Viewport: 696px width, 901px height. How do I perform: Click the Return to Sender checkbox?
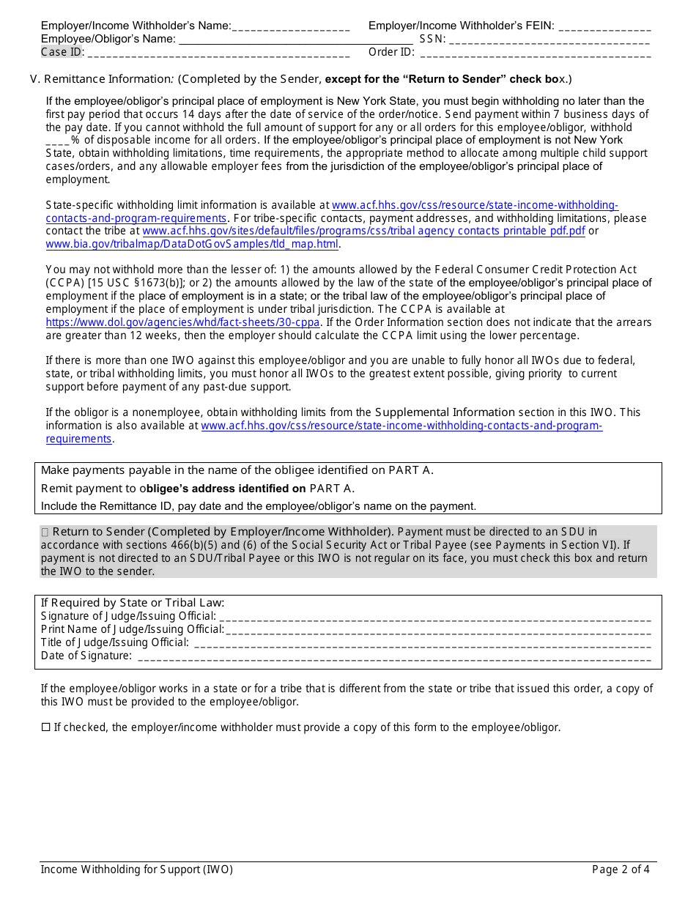[x=45, y=533]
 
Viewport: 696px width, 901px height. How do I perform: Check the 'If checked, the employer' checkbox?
[x=45, y=728]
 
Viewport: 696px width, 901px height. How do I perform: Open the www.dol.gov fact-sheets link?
[x=182, y=322]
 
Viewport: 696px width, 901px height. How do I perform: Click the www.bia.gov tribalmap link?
[x=192, y=245]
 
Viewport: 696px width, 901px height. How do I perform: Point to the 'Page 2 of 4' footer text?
[x=621, y=870]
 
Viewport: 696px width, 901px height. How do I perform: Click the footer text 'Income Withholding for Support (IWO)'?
[x=136, y=870]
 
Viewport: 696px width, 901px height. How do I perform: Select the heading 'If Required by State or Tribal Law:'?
[x=133, y=603]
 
